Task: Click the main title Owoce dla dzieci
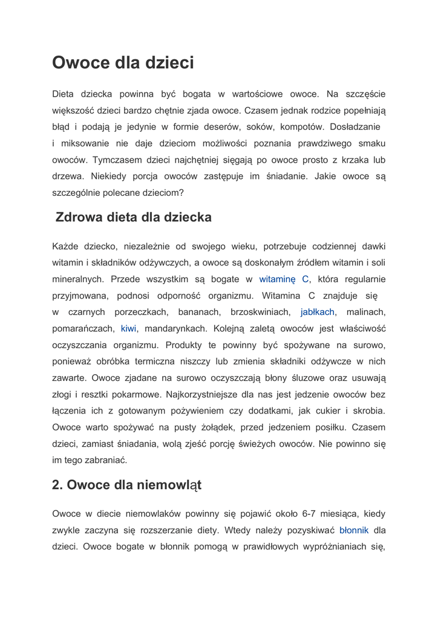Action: (123, 63)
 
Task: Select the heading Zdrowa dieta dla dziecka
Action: (133, 217)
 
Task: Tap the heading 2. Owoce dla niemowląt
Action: (126, 485)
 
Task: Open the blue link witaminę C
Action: (284, 279)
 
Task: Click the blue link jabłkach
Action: (318, 312)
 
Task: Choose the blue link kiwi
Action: (128, 328)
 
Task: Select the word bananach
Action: (199, 312)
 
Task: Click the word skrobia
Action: (368, 410)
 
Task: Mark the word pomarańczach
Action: (83, 328)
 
